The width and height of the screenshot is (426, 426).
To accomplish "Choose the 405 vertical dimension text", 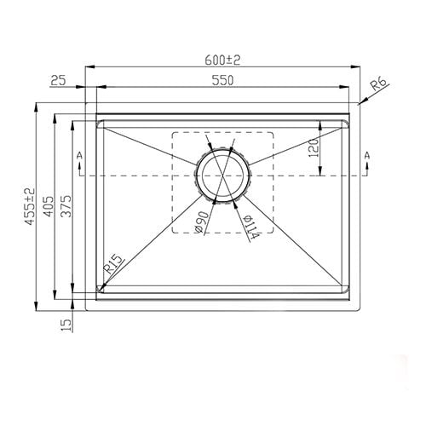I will click(49, 207).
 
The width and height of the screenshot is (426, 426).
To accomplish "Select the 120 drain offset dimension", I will click(313, 149).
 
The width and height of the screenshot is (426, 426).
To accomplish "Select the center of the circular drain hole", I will click(222, 175).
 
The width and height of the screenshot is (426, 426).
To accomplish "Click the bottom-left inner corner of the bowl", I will click(101, 288).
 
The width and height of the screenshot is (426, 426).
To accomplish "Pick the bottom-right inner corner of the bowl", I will click(347, 288).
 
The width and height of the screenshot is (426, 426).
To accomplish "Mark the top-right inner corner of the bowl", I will click(347, 123).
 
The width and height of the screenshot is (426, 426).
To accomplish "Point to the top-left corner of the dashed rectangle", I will click(172, 132).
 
